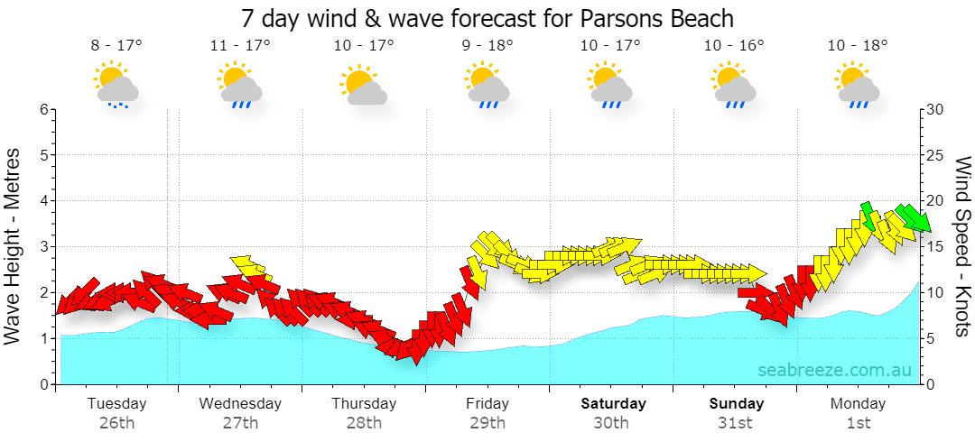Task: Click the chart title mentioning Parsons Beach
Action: pos(487,18)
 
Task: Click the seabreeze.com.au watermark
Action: pos(834,370)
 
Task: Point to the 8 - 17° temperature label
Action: pos(116,45)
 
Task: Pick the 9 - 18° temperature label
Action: pos(487,45)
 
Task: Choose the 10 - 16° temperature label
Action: pos(734,45)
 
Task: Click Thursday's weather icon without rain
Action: pos(363,85)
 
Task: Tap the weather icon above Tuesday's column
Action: pos(116,85)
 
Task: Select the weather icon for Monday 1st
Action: pos(859,85)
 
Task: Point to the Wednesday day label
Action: pos(240,403)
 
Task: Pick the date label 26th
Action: pos(116,423)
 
